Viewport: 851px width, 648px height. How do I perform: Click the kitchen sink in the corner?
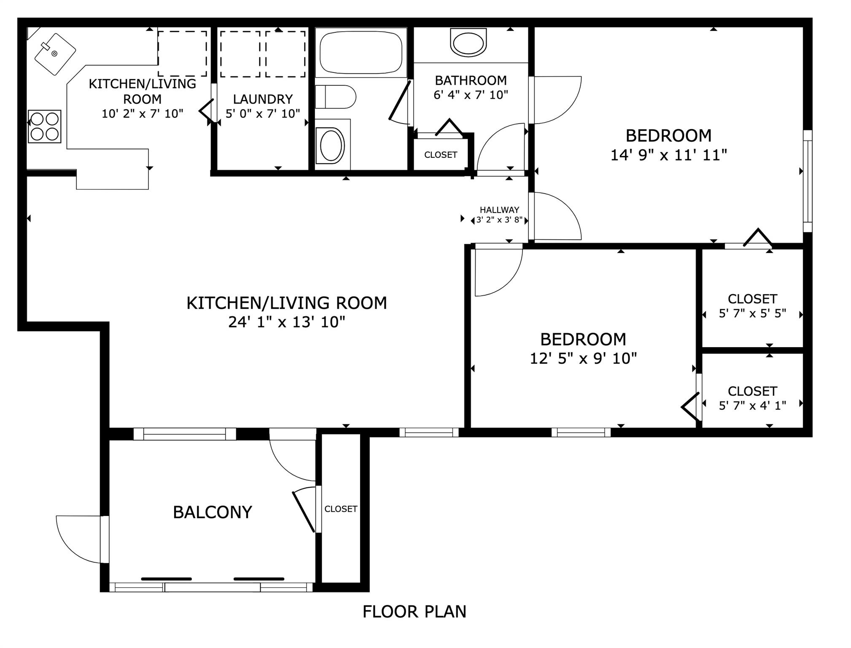[x=55, y=54]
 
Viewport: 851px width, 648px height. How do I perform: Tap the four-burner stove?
[x=45, y=126]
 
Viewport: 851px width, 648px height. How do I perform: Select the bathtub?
[x=361, y=53]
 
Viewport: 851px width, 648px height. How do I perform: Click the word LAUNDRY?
[x=263, y=99]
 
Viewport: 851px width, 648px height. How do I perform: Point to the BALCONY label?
[x=213, y=512]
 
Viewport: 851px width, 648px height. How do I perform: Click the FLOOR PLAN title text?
[x=415, y=612]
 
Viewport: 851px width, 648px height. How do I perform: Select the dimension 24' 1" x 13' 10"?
[x=287, y=322]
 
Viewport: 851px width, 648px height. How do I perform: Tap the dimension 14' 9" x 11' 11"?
[x=669, y=155]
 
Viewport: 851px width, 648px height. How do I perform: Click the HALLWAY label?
[x=499, y=210]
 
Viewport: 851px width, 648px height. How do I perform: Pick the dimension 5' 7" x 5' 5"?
[x=752, y=313]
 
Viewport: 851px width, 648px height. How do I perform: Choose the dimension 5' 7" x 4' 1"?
[x=752, y=405]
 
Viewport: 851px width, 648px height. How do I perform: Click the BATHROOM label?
[x=471, y=80]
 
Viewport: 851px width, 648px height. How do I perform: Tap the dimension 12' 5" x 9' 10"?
[x=583, y=358]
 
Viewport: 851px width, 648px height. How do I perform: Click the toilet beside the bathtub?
[x=336, y=97]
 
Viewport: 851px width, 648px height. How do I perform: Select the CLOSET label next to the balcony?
[x=341, y=509]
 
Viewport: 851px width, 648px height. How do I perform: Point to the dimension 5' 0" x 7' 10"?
[x=263, y=113]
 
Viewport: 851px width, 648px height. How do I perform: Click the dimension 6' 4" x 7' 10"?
[x=471, y=95]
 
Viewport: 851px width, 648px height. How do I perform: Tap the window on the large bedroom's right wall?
[x=807, y=181]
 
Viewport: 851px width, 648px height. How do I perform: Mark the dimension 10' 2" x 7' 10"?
[x=143, y=113]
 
